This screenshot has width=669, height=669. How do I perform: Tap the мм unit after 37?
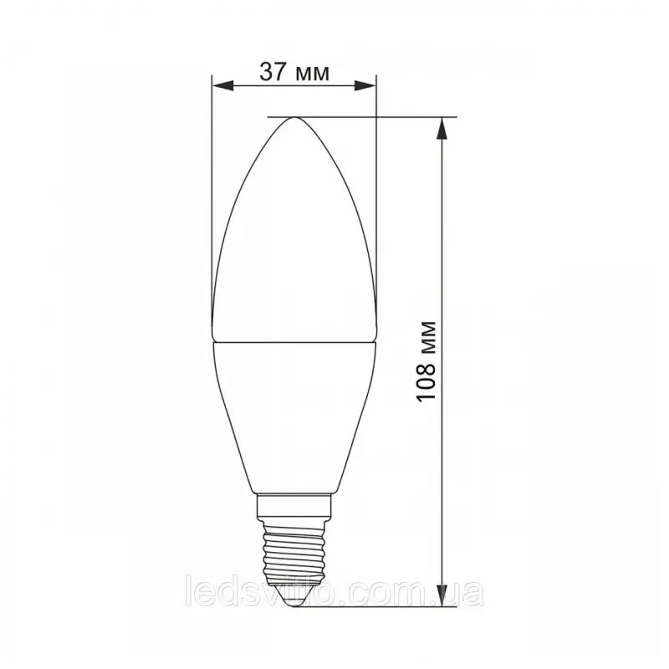pos(312,74)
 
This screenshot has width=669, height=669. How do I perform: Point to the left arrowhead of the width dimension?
pos(222,85)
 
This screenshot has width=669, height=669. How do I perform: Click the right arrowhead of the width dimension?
pos(365,85)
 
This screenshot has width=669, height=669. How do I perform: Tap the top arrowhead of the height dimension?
pos(442,128)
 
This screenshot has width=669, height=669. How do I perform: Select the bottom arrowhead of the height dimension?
pos(442,595)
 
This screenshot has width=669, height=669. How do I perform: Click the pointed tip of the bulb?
pos(294,117)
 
